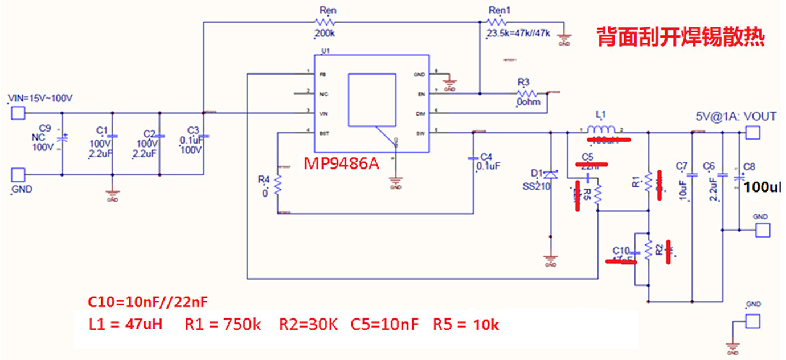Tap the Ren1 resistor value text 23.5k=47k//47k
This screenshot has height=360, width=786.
point(518,34)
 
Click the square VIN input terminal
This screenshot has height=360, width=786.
point(18,114)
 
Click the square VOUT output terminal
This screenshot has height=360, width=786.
point(752,133)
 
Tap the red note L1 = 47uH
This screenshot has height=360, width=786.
point(126,325)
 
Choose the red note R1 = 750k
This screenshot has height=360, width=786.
point(223,325)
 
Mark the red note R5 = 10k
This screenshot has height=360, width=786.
point(466,325)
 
